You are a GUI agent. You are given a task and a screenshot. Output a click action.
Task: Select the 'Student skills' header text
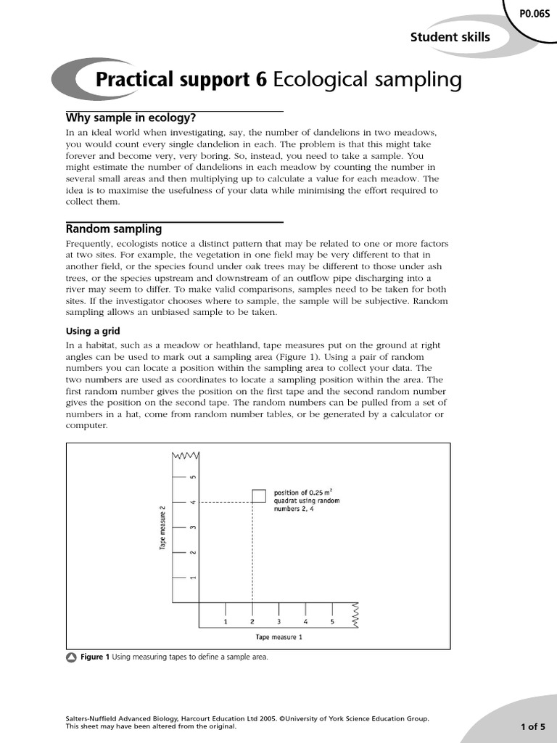click(x=450, y=37)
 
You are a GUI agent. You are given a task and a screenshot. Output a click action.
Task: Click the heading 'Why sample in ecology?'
click(x=131, y=118)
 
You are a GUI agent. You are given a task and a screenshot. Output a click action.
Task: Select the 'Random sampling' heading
click(x=114, y=229)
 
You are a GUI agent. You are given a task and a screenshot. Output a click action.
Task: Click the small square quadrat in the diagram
click(x=259, y=496)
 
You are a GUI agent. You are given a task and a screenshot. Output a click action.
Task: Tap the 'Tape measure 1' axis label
click(x=278, y=637)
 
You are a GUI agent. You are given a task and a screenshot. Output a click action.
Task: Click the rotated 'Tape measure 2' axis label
click(x=163, y=526)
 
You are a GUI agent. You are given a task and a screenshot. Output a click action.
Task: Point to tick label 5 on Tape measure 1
click(x=332, y=622)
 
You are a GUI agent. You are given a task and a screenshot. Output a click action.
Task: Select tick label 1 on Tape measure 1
click(x=226, y=622)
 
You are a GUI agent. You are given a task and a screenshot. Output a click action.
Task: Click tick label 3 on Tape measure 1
click(x=278, y=622)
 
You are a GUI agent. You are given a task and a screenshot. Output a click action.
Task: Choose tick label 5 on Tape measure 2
click(x=193, y=477)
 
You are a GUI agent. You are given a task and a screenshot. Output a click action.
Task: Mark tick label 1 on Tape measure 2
click(x=193, y=578)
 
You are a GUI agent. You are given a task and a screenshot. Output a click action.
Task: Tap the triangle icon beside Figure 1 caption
click(x=71, y=657)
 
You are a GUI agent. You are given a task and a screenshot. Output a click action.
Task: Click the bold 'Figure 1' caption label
click(x=94, y=657)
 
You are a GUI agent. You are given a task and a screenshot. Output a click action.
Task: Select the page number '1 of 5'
click(x=532, y=726)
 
